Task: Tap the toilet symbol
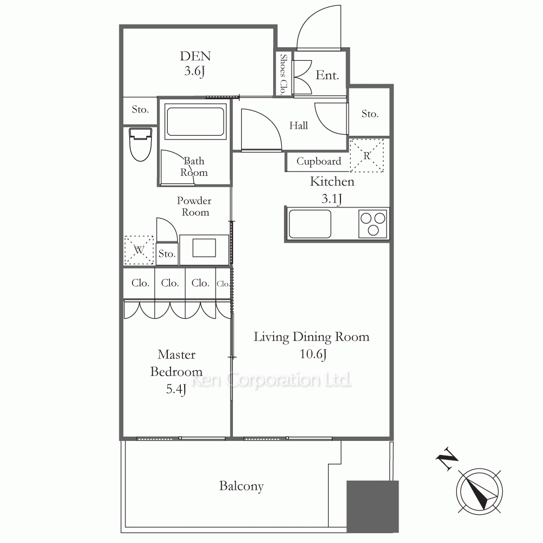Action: pyautogui.click(x=140, y=144)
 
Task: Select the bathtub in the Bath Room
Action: pyautogui.click(x=195, y=122)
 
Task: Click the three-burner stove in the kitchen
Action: pyautogui.click(x=372, y=224)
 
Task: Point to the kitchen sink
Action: pyautogui.click(x=310, y=224)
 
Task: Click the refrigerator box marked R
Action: pyautogui.click(x=367, y=155)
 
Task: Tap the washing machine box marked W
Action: pyautogui.click(x=139, y=250)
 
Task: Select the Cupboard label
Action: pyautogui.click(x=319, y=161)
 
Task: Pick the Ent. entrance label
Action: pyautogui.click(x=327, y=75)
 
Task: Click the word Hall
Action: pyautogui.click(x=299, y=125)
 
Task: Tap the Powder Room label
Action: pyautogui.click(x=194, y=206)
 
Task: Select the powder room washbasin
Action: pyautogui.click(x=204, y=248)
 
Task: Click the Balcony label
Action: pyautogui.click(x=242, y=486)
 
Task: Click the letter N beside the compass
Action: pyautogui.click(x=447, y=458)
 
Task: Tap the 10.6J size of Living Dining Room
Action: pyautogui.click(x=313, y=354)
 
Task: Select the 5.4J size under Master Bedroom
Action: pyautogui.click(x=176, y=389)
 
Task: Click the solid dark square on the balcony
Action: pyautogui.click(x=372, y=506)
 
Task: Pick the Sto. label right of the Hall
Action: pyautogui.click(x=370, y=113)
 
